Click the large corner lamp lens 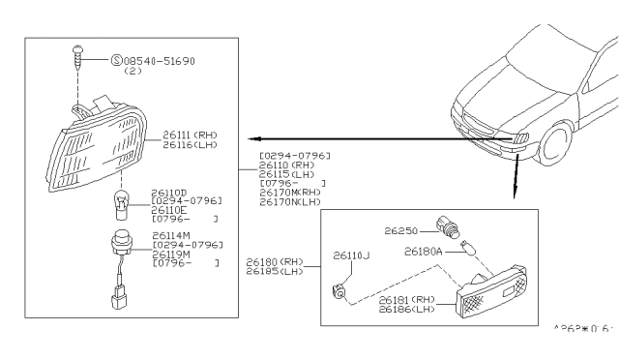pyautogui.click(x=92, y=145)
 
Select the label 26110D pyautogui.click(x=172, y=193)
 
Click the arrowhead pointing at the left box pyautogui.click(x=246, y=138)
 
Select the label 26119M pyautogui.click(x=173, y=254)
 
